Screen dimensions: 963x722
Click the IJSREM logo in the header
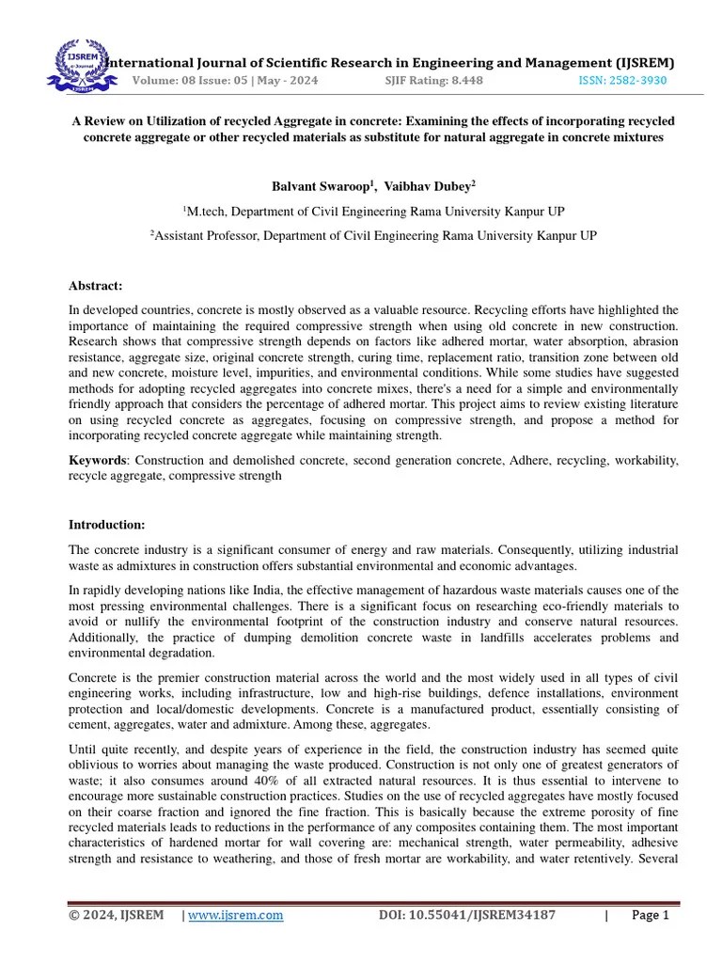pos(80,64)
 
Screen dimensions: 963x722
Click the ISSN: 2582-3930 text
pos(621,81)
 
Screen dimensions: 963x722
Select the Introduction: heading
pos(106,524)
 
